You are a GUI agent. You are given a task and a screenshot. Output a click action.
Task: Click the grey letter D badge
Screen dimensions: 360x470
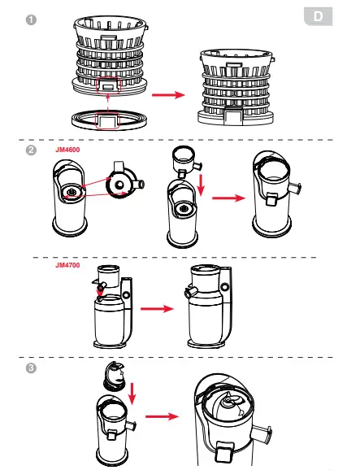tap(318, 16)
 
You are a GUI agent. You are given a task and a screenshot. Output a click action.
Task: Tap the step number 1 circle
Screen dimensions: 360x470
tap(31, 20)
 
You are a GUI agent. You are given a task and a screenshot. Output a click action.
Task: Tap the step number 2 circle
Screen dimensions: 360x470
tap(31, 150)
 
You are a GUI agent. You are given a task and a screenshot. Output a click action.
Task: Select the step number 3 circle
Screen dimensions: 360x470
tap(31, 368)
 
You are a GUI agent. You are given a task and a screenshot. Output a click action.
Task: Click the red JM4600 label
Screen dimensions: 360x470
tap(67, 150)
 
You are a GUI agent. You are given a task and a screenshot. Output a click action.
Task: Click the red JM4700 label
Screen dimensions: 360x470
tap(67, 265)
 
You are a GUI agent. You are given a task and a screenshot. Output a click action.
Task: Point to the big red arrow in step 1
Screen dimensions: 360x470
tap(168, 95)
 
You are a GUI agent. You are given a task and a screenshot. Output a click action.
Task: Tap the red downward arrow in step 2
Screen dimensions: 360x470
tap(201, 185)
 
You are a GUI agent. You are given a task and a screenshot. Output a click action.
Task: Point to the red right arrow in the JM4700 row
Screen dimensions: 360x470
tap(157, 309)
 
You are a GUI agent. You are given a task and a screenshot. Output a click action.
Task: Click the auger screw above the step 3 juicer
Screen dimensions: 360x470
tap(114, 376)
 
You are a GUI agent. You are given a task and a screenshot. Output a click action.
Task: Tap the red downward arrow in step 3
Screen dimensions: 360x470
tap(132, 394)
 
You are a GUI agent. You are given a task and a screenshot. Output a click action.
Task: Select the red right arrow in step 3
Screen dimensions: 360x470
tap(162, 416)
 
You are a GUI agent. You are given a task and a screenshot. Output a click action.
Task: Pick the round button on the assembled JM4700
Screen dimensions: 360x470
tap(224, 287)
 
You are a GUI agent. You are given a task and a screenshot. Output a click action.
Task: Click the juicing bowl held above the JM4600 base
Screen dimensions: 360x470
tap(186, 161)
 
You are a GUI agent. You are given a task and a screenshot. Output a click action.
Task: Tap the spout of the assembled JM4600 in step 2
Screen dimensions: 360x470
tap(295, 188)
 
